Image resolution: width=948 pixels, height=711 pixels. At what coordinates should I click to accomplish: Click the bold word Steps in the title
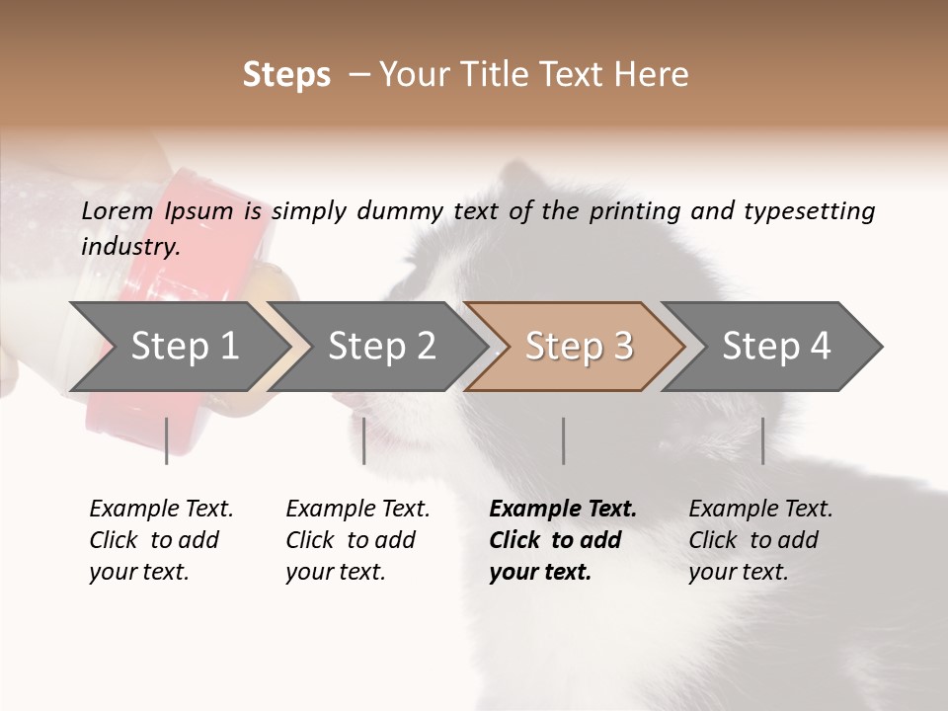(x=286, y=75)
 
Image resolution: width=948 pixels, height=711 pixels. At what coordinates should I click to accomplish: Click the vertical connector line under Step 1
(x=167, y=440)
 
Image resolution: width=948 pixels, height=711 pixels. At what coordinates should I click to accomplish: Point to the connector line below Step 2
(x=364, y=440)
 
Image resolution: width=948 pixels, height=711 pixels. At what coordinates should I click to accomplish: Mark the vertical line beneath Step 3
(x=563, y=440)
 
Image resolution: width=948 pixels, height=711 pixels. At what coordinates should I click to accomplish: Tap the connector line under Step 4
(x=762, y=440)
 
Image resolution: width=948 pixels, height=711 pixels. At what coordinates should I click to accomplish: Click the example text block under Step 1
(x=161, y=540)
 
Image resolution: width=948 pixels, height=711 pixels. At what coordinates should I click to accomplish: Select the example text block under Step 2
(x=357, y=540)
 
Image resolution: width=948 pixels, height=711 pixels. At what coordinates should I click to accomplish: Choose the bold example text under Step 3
(x=563, y=540)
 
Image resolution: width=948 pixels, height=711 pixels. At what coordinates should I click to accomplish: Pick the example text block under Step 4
(x=760, y=540)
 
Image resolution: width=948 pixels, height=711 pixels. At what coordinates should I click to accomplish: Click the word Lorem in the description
(x=118, y=211)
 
